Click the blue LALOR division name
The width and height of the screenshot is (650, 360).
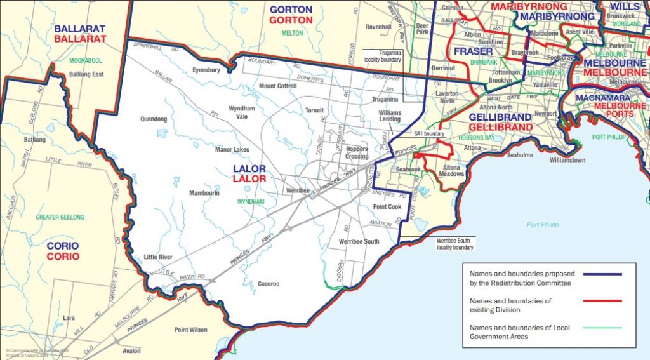click(249, 169)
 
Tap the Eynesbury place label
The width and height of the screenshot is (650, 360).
click(207, 70)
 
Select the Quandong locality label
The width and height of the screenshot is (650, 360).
click(154, 119)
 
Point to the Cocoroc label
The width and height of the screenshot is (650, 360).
click(269, 284)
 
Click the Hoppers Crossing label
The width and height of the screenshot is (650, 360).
click(357, 152)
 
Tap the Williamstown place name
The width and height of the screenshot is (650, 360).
click(567, 161)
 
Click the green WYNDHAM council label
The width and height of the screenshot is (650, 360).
click(249, 201)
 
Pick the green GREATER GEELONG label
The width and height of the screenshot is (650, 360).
click(60, 217)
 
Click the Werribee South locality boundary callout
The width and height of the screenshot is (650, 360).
click(454, 244)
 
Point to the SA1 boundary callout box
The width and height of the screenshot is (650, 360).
click(429, 134)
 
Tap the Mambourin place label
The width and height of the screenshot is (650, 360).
click(204, 192)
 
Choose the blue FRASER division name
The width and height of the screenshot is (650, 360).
click(472, 51)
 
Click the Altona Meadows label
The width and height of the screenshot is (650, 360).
click(451, 170)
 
